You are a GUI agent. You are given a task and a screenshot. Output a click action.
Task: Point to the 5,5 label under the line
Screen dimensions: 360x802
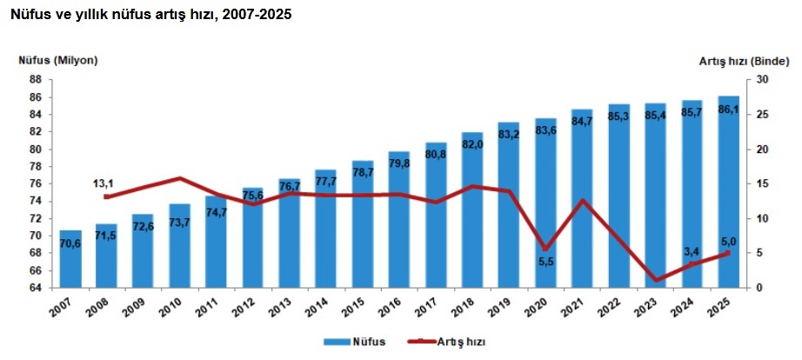[545, 262]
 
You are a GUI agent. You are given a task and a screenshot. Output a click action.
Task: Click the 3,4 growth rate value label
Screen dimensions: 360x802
[692, 252]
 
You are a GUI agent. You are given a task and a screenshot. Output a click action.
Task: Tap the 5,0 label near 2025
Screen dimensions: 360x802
[728, 241]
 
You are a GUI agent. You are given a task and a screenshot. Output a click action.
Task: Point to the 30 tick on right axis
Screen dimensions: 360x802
[762, 79]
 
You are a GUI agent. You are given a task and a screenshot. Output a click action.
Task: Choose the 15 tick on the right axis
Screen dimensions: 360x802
[762, 183]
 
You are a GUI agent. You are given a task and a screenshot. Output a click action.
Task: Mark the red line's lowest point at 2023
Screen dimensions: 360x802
[656, 281]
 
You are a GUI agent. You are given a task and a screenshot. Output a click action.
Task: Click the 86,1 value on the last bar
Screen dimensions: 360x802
[728, 110]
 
